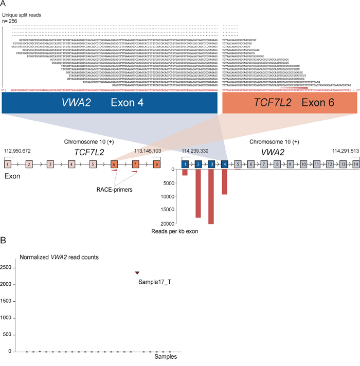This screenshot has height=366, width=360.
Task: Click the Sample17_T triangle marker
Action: tap(137, 272)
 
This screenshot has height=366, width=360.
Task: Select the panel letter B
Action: tap(4, 240)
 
